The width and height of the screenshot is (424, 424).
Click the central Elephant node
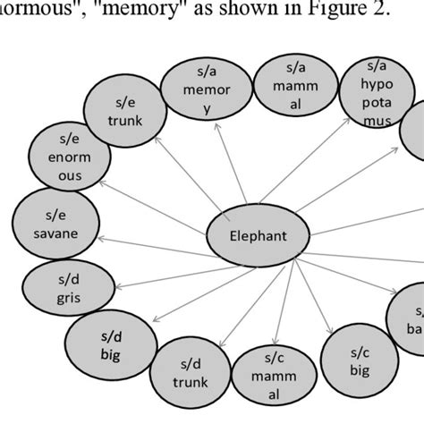tap(259, 238)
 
